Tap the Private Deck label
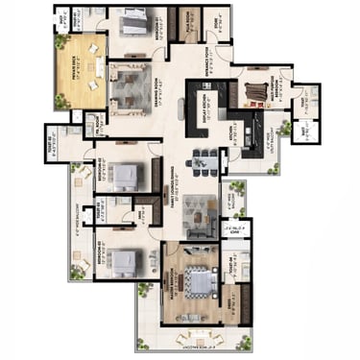[x=80, y=64]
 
